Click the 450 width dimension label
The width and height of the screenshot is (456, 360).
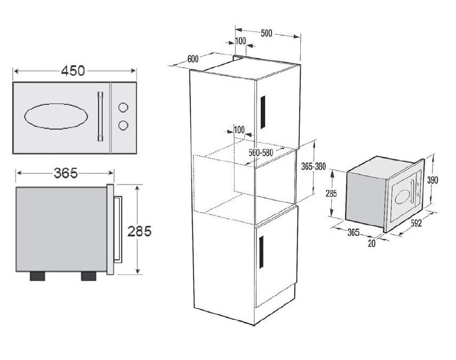[x=73, y=70]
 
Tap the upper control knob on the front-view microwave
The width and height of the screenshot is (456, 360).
[x=123, y=107]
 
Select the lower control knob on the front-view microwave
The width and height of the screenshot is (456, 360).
[x=123, y=125]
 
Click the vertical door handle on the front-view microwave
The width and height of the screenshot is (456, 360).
[x=100, y=116]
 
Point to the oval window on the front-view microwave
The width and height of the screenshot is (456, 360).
[x=56, y=116]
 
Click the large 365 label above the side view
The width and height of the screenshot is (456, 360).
[x=66, y=173]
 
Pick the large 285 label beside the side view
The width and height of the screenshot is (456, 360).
[x=140, y=231]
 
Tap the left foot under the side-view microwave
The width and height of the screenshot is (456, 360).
[x=37, y=276]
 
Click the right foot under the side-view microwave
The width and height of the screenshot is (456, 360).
[x=89, y=276]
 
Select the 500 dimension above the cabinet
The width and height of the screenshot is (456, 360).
[x=266, y=33]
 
